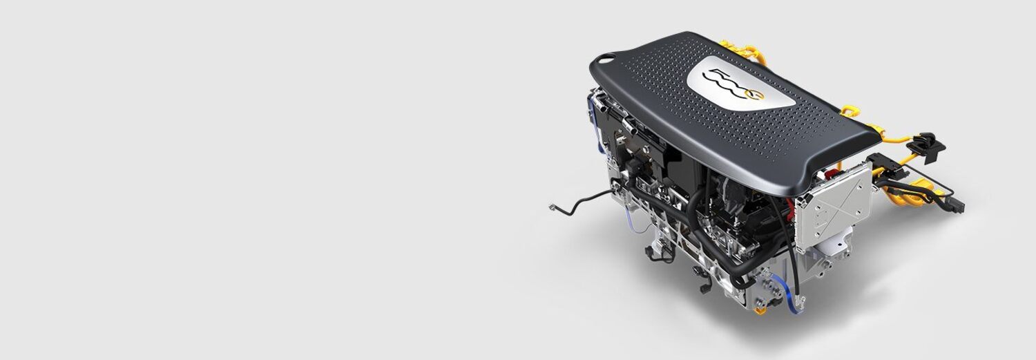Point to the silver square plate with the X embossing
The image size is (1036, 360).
coord(834,200)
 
